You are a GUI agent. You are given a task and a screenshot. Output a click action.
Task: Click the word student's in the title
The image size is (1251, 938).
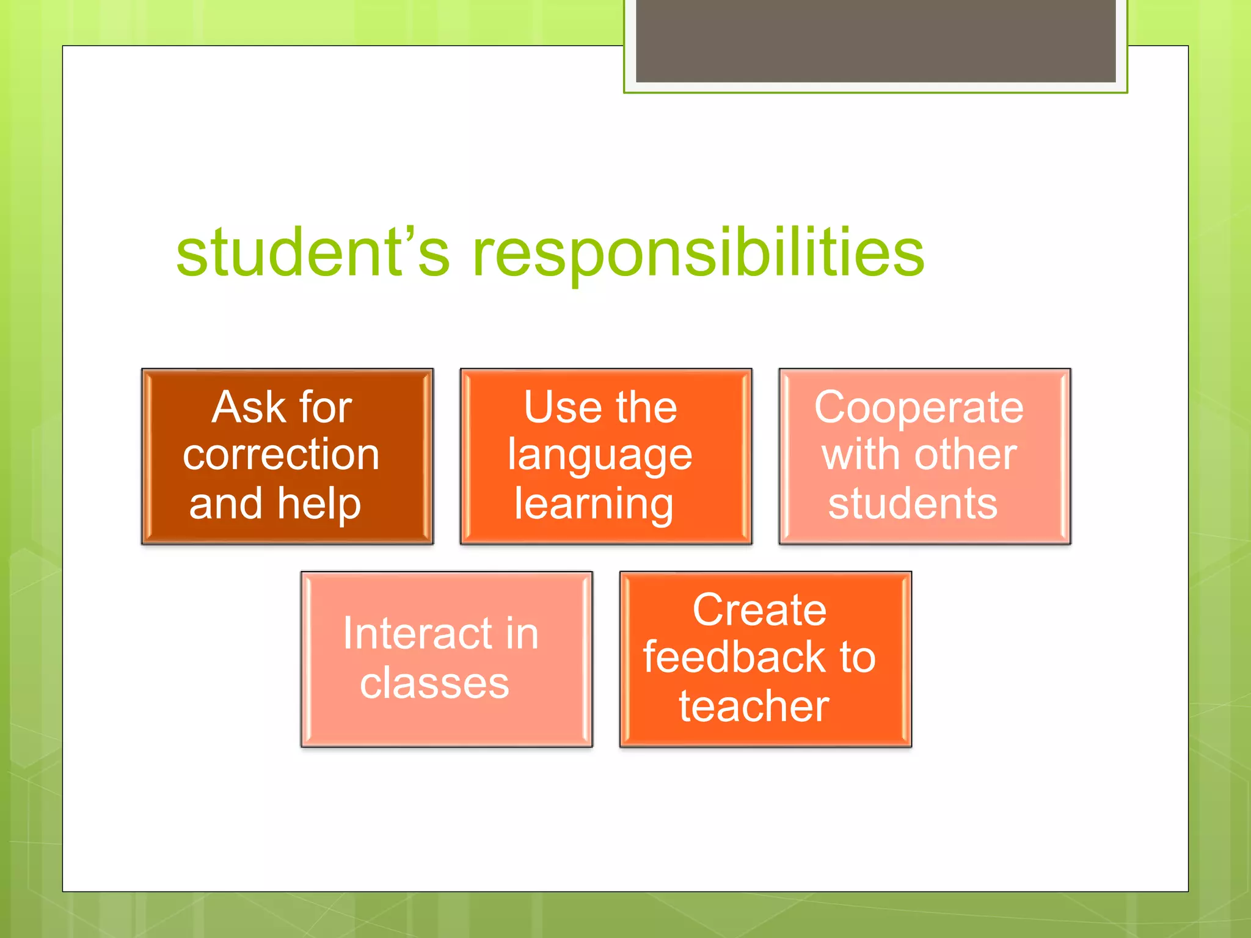pos(313,252)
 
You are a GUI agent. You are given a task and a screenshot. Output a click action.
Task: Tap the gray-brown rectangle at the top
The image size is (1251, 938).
pos(875,40)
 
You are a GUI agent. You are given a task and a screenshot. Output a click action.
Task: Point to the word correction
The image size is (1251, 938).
pos(281,455)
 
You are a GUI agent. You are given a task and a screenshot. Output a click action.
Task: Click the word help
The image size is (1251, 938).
pos(319,504)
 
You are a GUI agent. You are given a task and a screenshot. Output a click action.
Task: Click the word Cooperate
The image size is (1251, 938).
pos(919,407)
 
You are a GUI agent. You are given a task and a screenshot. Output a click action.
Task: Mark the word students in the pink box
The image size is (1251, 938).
pos(913,504)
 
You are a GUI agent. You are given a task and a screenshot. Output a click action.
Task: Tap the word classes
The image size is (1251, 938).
pos(434,683)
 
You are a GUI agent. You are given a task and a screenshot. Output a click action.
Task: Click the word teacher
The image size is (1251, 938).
pos(754,706)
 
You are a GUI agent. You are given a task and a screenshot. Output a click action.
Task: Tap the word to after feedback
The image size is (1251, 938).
pos(858,657)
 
